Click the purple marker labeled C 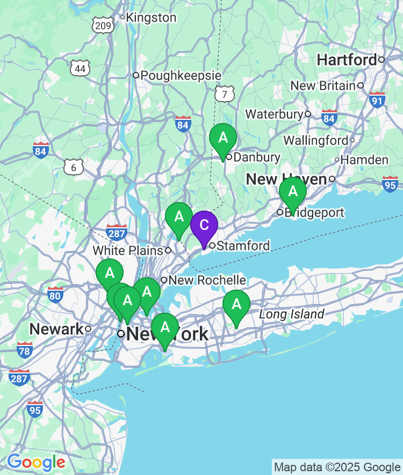click(204, 226)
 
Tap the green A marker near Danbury click(223, 138)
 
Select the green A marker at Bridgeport click(293, 192)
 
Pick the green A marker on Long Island click(236, 305)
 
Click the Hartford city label click(347, 60)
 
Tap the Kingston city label click(151, 18)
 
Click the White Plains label click(128, 250)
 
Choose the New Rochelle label click(207, 280)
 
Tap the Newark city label click(56, 329)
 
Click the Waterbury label click(274, 114)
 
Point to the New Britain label click(323, 85)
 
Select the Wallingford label click(315, 140)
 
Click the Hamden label click(364, 160)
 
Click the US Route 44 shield click(80, 68)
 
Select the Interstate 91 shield click(377, 99)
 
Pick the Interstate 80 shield click(55, 294)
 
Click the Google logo click(36, 462)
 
